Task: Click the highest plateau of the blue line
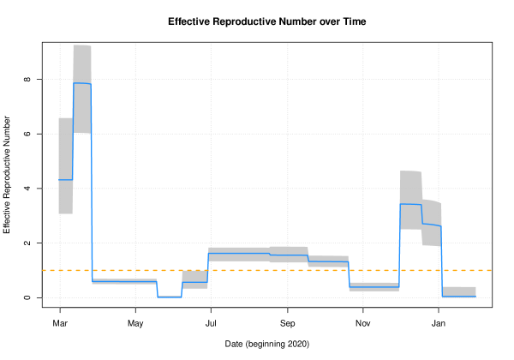point(82,83)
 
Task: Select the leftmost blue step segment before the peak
point(65,179)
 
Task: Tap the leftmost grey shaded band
point(65,146)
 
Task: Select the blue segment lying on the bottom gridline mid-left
point(170,297)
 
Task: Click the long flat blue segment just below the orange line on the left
point(124,280)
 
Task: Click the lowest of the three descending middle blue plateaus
point(328,261)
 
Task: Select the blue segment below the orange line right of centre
point(374,285)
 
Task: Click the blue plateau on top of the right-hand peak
point(410,204)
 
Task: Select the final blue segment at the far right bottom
point(458,297)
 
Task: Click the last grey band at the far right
point(458,291)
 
